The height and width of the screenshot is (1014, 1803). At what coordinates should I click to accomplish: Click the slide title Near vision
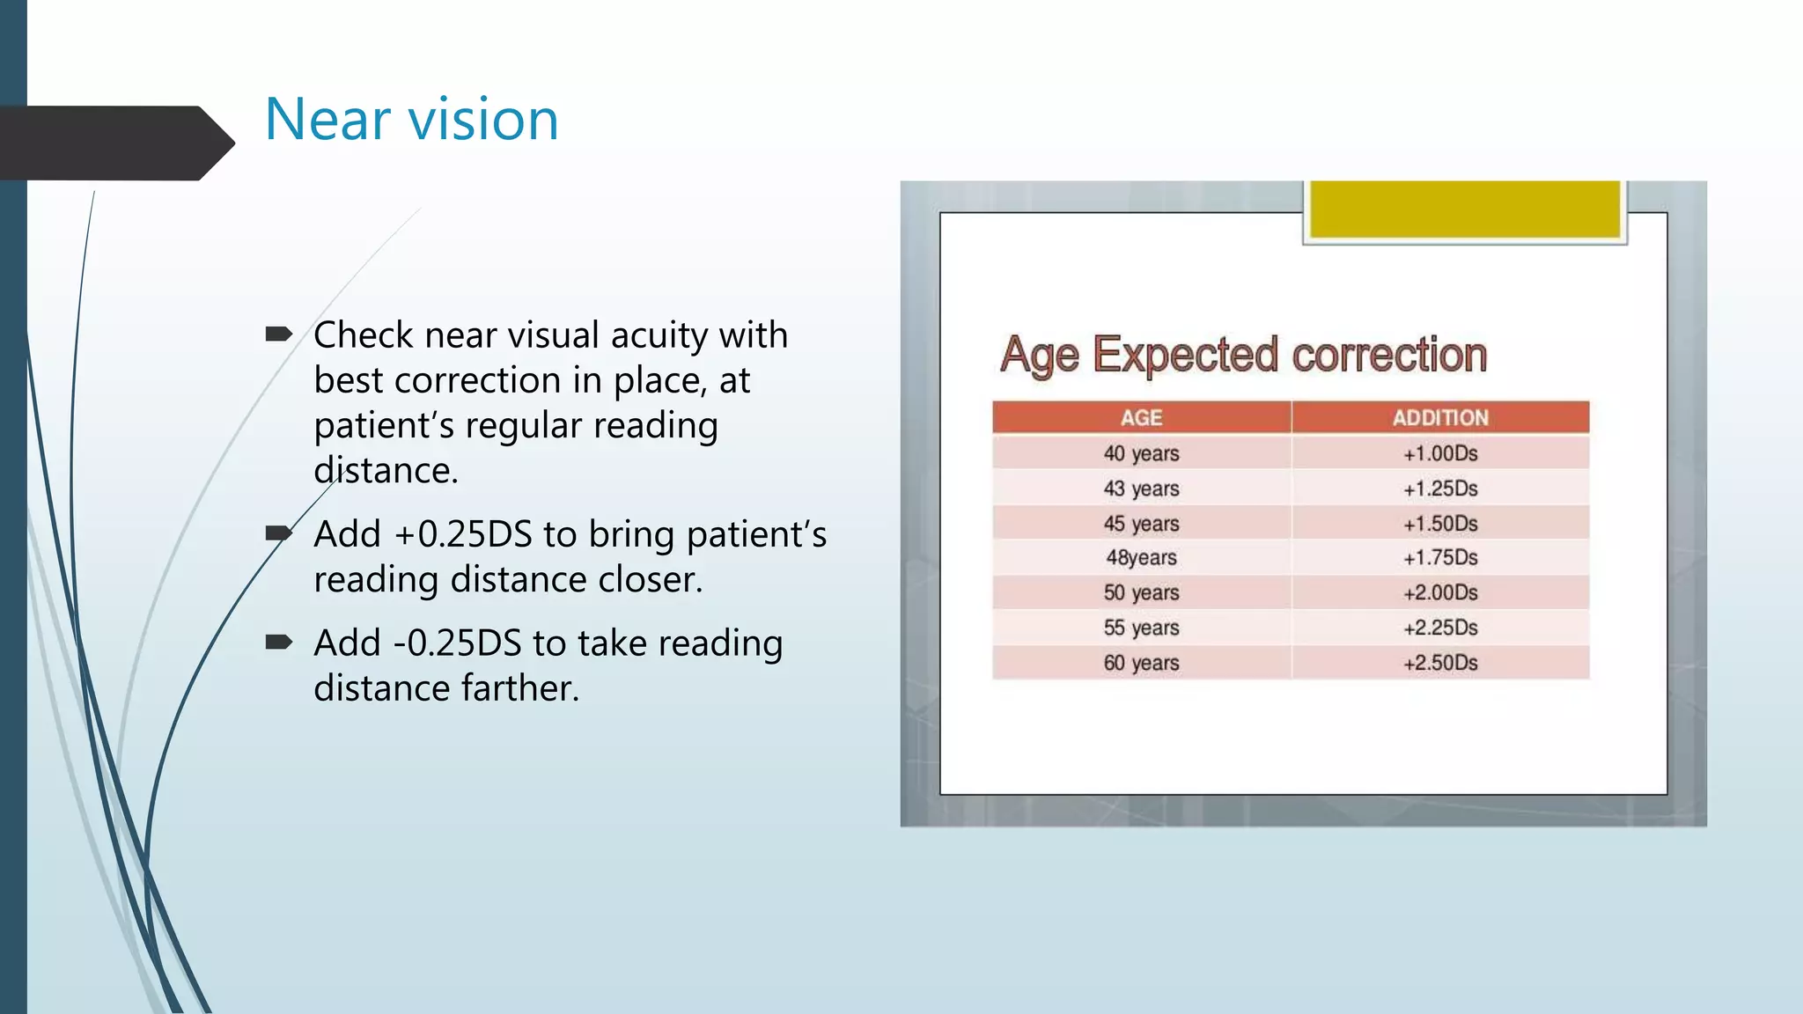click(x=411, y=120)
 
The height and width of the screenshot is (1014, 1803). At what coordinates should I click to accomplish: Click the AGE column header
click(x=1141, y=418)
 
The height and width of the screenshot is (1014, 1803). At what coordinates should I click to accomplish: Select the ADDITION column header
click(x=1440, y=418)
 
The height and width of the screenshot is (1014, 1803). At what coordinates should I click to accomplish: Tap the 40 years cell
click(x=1141, y=453)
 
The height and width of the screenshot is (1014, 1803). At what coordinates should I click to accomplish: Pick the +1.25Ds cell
click(x=1440, y=489)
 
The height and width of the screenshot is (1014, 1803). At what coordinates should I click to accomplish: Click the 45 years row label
click(x=1141, y=524)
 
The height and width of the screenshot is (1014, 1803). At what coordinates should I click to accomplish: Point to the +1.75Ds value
click(x=1440, y=558)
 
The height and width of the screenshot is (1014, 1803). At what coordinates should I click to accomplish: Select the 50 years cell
click(x=1141, y=592)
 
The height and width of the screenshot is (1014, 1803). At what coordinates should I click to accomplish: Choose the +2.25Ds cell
click(x=1440, y=628)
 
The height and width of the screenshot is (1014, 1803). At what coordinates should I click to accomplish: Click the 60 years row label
click(x=1141, y=663)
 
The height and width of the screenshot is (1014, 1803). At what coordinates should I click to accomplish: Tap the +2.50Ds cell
click(x=1440, y=663)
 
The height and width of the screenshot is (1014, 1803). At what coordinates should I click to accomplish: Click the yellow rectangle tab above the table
click(x=1464, y=209)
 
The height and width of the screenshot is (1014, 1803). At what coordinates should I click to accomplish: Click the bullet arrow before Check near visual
click(x=278, y=334)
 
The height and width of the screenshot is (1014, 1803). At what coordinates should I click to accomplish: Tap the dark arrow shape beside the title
click(x=114, y=143)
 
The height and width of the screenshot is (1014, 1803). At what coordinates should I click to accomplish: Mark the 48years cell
click(x=1141, y=558)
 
